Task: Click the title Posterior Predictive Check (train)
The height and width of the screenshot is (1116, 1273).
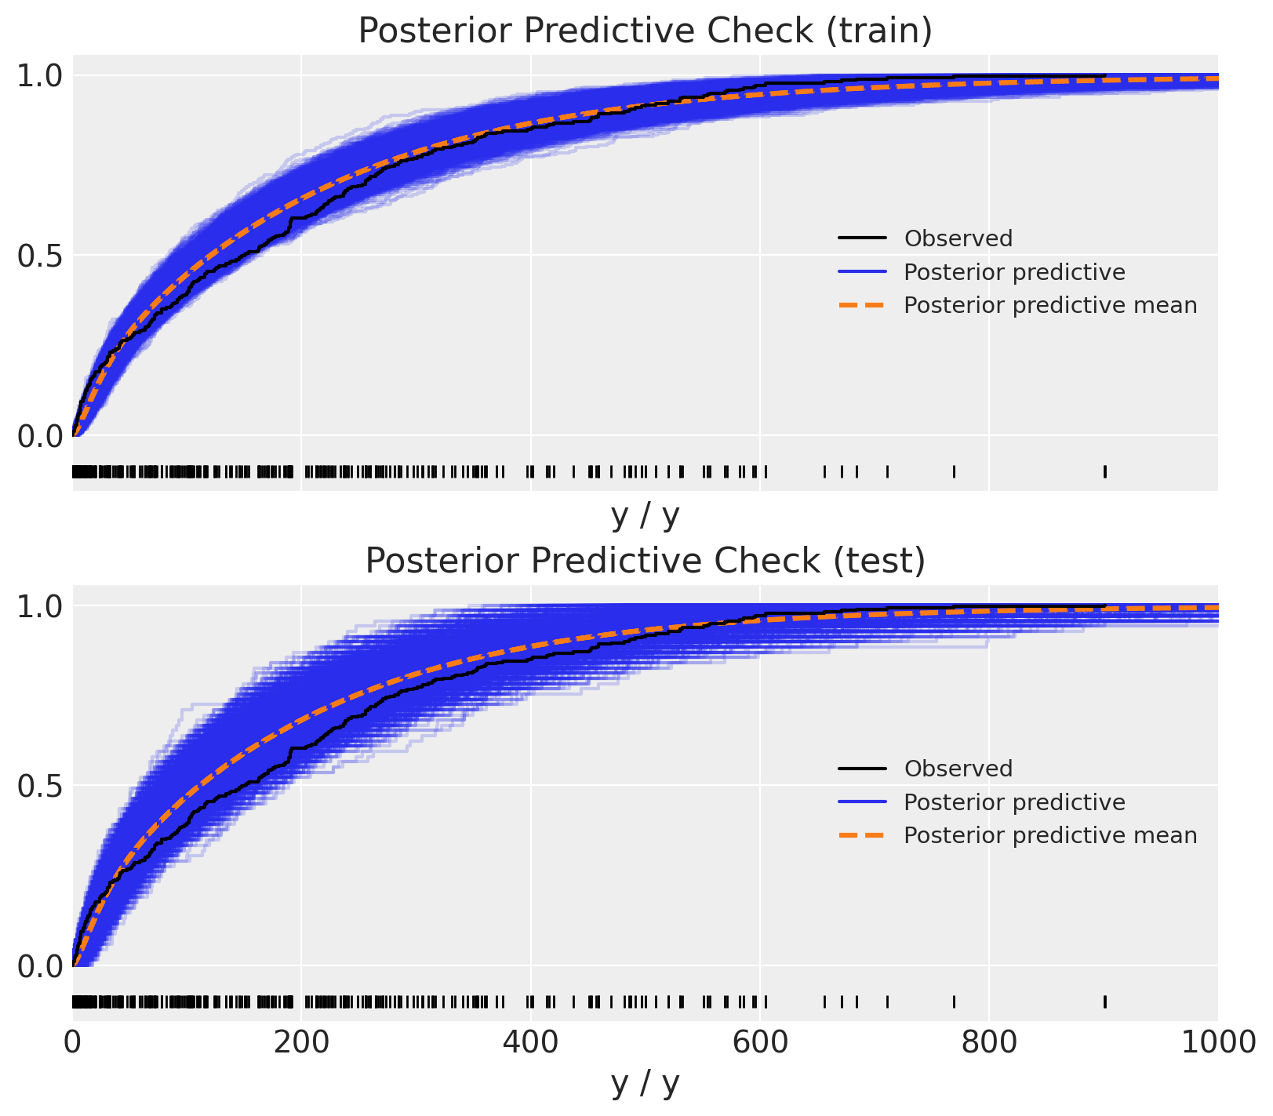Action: click(x=645, y=31)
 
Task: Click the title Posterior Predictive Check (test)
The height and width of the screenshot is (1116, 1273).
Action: click(x=645, y=562)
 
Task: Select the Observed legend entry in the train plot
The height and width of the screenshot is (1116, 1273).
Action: click(x=958, y=238)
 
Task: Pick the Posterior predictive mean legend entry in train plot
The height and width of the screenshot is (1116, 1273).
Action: click(x=1050, y=305)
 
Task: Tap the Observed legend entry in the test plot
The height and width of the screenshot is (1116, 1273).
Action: click(x=958, y=769)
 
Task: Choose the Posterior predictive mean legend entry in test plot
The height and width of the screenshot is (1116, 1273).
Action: click(x=1050, y=835)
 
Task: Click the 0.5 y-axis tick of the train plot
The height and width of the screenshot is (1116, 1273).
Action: click(x=39, y=256)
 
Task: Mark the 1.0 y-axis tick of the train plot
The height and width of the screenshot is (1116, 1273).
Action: click(x=39, y=76)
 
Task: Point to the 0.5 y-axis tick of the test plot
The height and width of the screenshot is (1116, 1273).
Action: click(x=39, y=786)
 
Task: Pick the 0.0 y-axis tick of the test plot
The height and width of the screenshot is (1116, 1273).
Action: click(x=39, y=966)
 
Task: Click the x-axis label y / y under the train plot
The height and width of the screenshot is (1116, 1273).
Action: click(x=645, y=515)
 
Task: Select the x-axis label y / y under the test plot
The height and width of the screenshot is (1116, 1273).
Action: click(x=645, y=1083)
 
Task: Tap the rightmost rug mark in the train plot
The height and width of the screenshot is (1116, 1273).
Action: click(x=1105, y=471)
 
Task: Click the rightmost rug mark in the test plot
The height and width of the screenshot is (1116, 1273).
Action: click(x=1105, y=1001)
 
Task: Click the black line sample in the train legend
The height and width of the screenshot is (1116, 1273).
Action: click(x=862, y=238)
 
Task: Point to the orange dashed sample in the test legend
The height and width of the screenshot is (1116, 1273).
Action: click(x=862, y=835)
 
